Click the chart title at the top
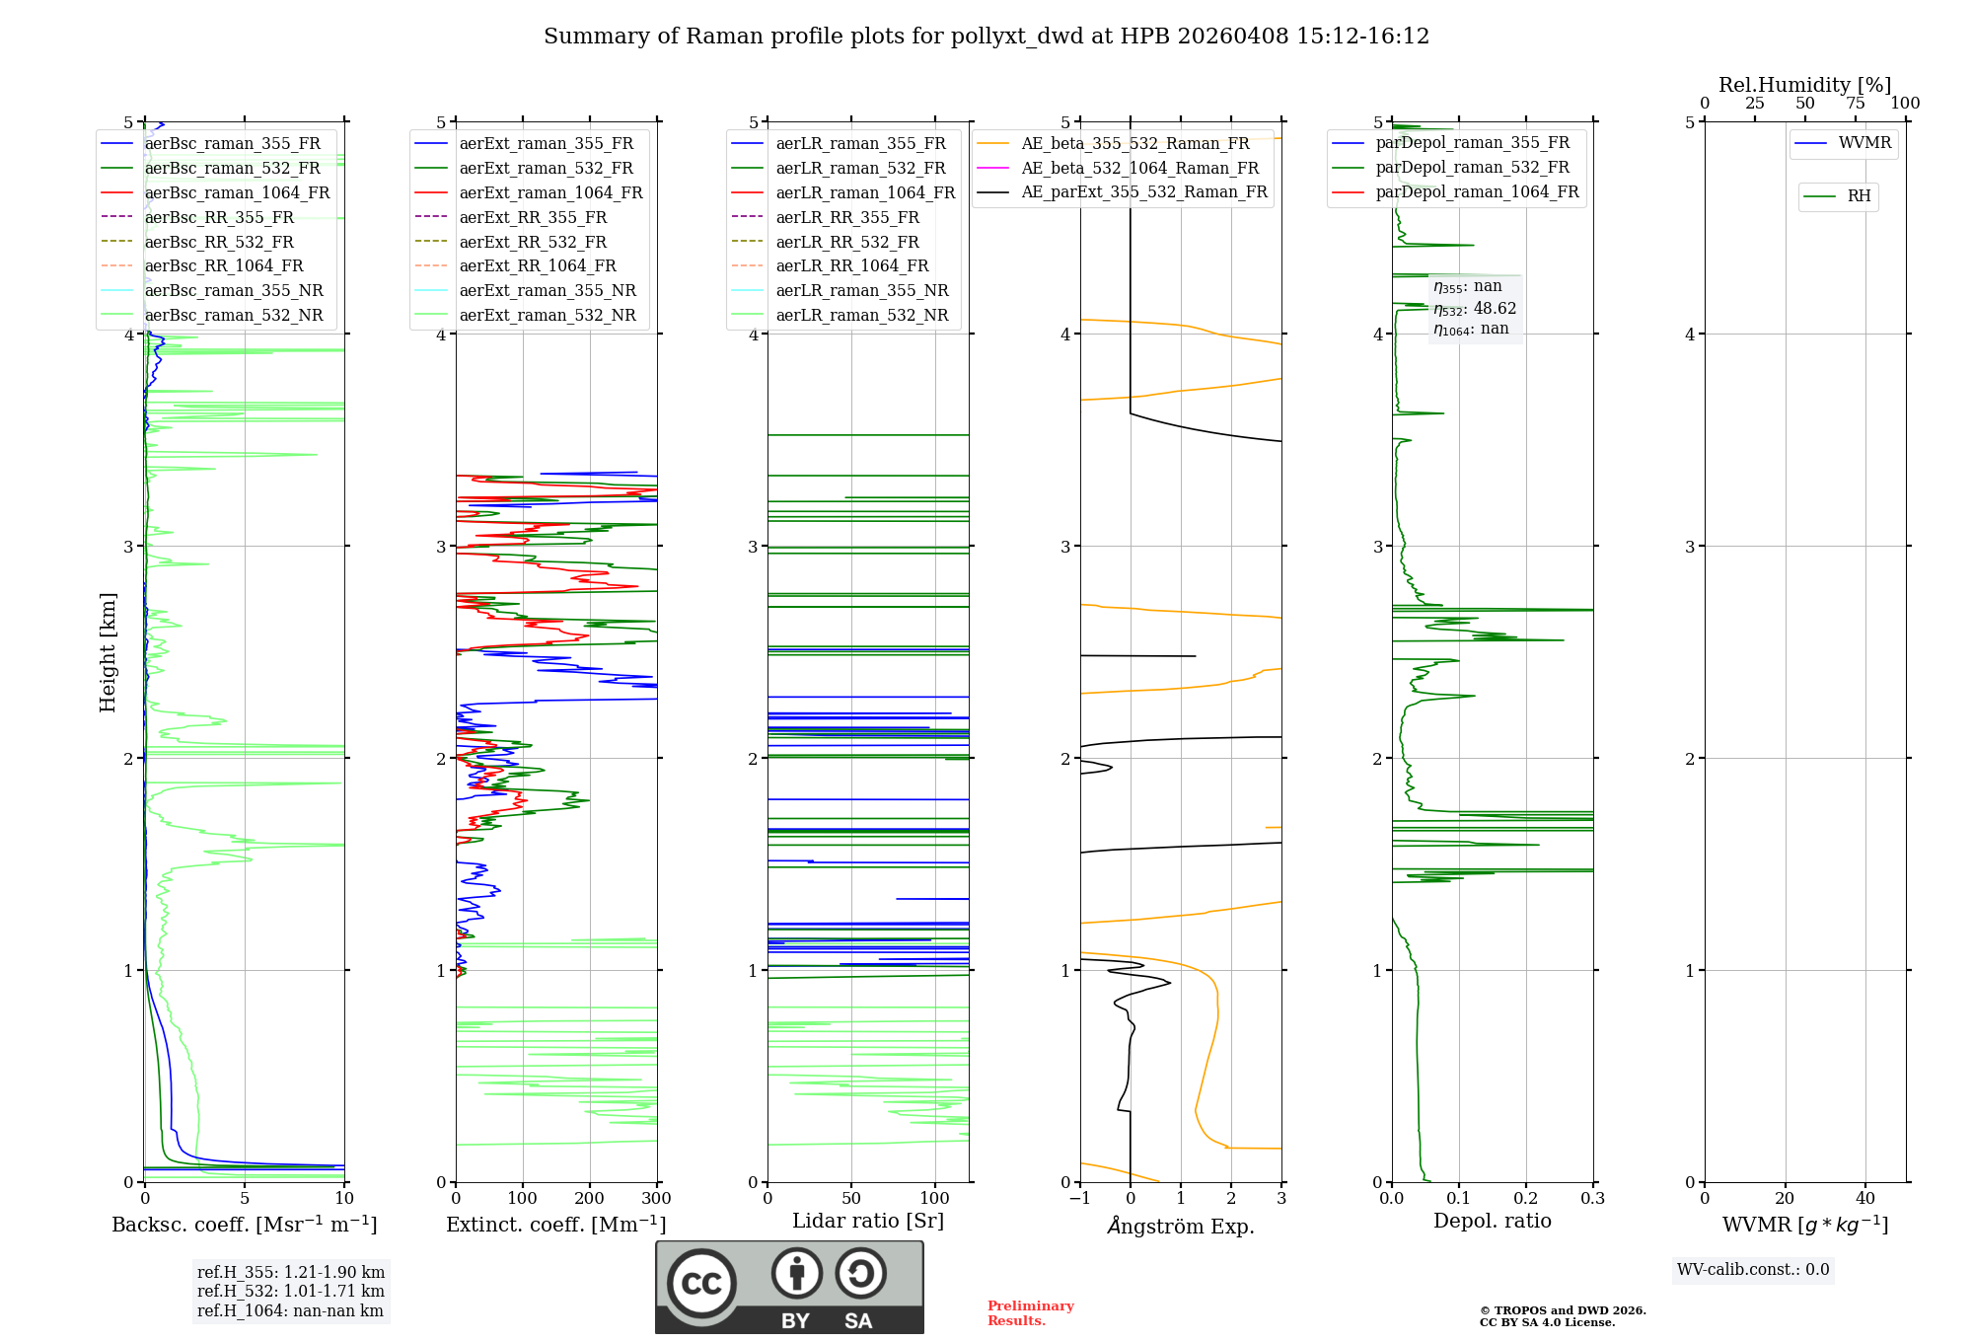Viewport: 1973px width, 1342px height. (986, 37)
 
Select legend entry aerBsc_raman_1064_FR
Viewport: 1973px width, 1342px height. (237, 192)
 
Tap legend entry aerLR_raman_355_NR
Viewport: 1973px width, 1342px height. (861, 290)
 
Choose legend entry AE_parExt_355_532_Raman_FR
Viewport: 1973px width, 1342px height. (1143, 191)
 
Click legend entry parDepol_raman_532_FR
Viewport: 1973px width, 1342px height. (1472, 168)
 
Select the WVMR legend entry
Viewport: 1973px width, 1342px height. (1863, 143)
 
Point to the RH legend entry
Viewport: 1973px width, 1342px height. (1859, 196)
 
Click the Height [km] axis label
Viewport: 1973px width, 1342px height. (108, 652)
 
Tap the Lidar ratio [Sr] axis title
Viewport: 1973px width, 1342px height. (868, 1221)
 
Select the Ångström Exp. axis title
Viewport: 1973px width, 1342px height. (1181, 1226)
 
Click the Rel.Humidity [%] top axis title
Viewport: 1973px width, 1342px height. (1804, 85)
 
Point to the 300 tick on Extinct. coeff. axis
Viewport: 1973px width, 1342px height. (657, 1199)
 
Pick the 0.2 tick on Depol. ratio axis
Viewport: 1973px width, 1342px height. (1526, 1199)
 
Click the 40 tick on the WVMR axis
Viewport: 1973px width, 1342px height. (1865, 1199)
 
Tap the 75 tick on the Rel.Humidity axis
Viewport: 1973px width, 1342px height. (1856, 104)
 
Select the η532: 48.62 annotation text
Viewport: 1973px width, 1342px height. (1475, 309)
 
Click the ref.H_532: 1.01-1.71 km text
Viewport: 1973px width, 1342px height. (291, 1291)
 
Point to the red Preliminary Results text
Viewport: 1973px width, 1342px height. (1030, 1313)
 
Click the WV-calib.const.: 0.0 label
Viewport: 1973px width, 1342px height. (1753, 1270)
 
